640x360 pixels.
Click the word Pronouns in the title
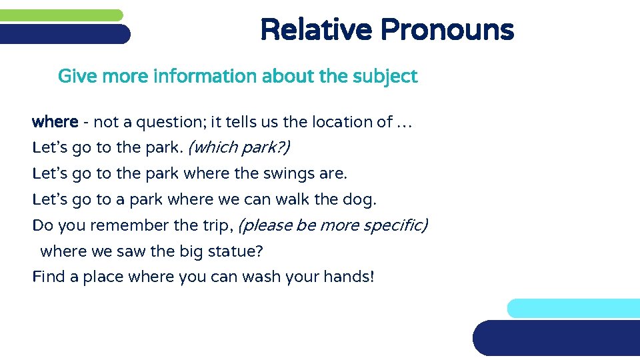click(447, 30)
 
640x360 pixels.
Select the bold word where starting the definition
click(55, 122)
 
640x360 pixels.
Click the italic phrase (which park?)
click(239, 147)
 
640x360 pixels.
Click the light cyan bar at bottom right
click(573, 308)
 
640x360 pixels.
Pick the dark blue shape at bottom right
click(557, 338)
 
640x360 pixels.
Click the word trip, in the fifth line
click(215, 225)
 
